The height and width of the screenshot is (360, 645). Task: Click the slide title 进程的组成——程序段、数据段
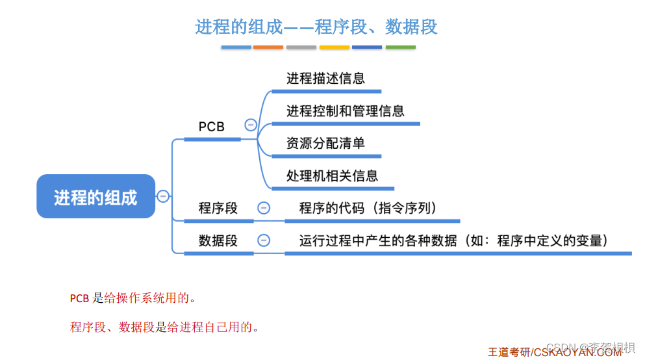click(316, 27)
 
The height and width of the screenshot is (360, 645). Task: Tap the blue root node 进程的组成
click(95, 197)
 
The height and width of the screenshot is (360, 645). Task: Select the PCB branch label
click(211, 127)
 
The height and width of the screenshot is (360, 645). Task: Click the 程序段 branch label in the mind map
click(218, 209)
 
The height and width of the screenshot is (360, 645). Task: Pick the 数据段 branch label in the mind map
click(218, 240)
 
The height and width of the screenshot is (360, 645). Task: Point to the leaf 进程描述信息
click(325, 79)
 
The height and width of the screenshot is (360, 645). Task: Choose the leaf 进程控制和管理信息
click(345, 111)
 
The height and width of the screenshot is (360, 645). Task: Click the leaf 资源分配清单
click(325, 144)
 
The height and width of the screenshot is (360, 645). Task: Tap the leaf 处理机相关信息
click(332, 175)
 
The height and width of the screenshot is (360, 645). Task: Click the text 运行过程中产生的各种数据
click(378, 240)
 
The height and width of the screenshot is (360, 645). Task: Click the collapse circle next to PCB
click(250, 125)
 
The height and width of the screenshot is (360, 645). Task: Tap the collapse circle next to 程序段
click(264, 208)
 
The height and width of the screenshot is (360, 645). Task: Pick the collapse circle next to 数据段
click(264, 240)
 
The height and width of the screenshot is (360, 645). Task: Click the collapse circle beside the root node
click(163, 196)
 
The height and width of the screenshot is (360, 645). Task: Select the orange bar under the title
click(268, 47)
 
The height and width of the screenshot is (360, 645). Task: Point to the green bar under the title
click(401, 47)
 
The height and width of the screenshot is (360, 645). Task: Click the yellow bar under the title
click(335, 47)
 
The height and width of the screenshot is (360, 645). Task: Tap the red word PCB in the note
click(79, 299)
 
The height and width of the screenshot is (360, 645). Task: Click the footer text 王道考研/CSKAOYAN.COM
click(555, 352)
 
